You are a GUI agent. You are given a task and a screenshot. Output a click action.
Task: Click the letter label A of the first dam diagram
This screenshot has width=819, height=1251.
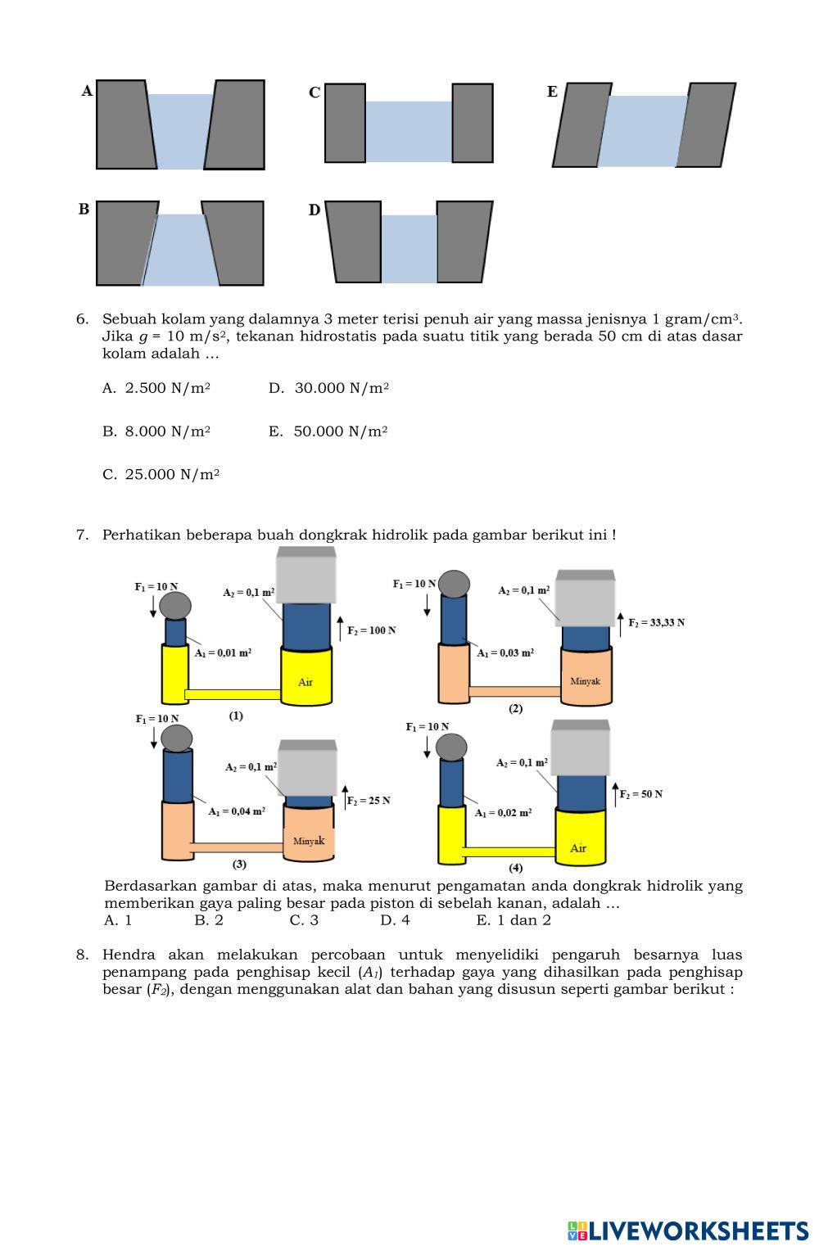(87, 91)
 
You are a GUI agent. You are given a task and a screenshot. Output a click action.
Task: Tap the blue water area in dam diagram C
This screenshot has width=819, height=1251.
(408, 131)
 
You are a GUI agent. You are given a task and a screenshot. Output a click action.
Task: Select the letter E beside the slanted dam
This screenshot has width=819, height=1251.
(552, 92)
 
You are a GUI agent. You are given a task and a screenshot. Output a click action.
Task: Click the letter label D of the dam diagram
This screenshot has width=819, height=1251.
(314, 210)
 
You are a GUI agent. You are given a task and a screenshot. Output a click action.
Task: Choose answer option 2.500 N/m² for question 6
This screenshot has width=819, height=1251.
(156, 388)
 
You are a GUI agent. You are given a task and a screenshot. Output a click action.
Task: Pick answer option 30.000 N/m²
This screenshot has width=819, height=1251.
(329, 388)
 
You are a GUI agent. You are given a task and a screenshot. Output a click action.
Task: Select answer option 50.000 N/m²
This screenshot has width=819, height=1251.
(328, 431)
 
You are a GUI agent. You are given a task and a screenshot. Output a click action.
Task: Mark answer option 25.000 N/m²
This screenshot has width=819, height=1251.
(161, 475)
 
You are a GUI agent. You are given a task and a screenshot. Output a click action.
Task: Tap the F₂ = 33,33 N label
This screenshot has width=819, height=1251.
(656, 622)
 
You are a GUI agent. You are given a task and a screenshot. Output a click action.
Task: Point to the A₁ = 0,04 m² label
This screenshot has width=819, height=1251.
(236, 811)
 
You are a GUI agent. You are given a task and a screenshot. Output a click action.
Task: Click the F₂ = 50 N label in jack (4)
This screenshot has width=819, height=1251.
(640, 794)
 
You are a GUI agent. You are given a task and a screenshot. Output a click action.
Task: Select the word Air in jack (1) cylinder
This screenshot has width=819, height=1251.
(305, 682)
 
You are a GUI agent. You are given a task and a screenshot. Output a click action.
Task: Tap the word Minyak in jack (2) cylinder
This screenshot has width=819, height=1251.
(585, 680)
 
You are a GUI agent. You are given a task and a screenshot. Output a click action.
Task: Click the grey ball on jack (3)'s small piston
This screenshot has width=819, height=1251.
(177, 738)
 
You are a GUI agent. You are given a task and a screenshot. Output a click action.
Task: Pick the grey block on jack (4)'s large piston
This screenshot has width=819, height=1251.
(580, 747)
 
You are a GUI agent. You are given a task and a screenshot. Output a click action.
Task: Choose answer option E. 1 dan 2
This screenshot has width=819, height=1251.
(514, 920)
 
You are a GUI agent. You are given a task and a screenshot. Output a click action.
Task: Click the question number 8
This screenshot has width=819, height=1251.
(82, 955)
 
